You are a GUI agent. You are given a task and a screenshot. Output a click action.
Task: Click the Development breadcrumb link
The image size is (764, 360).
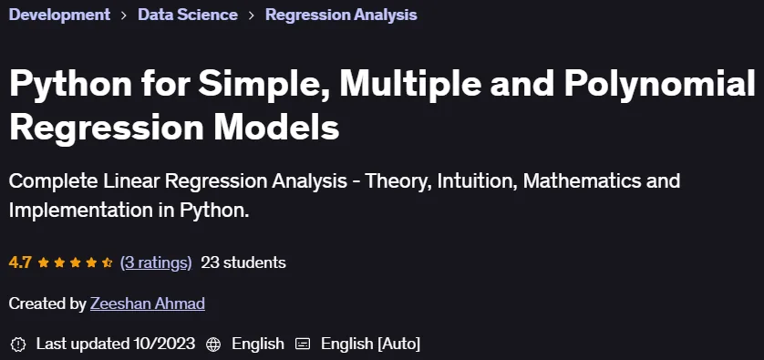click(x=59, y=15)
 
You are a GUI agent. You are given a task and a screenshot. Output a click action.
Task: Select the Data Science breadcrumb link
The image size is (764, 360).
click(x=188, y=15)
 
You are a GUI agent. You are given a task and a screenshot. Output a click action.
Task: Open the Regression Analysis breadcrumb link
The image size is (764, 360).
click(x=341, y=15)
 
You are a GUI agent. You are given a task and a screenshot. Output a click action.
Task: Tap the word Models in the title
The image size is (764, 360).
click(x=276, y=128)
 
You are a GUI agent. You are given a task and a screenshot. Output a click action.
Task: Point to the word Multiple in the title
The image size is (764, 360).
click(x=410, y=84)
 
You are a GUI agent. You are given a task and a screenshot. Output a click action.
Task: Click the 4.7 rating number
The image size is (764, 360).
click(x=20, y=263)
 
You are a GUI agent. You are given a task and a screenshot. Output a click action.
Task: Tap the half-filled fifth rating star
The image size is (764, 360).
click(x=108, y=263)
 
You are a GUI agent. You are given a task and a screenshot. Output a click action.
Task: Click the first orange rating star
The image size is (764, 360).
click(x=44, y=263)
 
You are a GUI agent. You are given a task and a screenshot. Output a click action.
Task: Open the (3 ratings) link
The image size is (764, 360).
click(x=156, y=263)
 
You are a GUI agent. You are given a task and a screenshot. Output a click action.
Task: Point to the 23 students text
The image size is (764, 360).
click(x=243, y=263)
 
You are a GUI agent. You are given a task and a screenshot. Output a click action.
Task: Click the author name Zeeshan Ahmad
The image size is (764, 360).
click(x=148, y=303)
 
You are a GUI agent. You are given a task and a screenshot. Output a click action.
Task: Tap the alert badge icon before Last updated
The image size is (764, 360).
click(x=18, y=344)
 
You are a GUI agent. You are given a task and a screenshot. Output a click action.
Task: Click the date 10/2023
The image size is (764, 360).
click(x=164, y=344)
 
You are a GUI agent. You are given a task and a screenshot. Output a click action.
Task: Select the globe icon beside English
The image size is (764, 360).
click(x=213, y=345)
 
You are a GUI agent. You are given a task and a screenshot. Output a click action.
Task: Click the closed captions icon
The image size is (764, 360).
click(x=303, y=345)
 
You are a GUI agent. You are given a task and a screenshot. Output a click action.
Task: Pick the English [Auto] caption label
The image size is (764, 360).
click(x=370, y=344)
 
